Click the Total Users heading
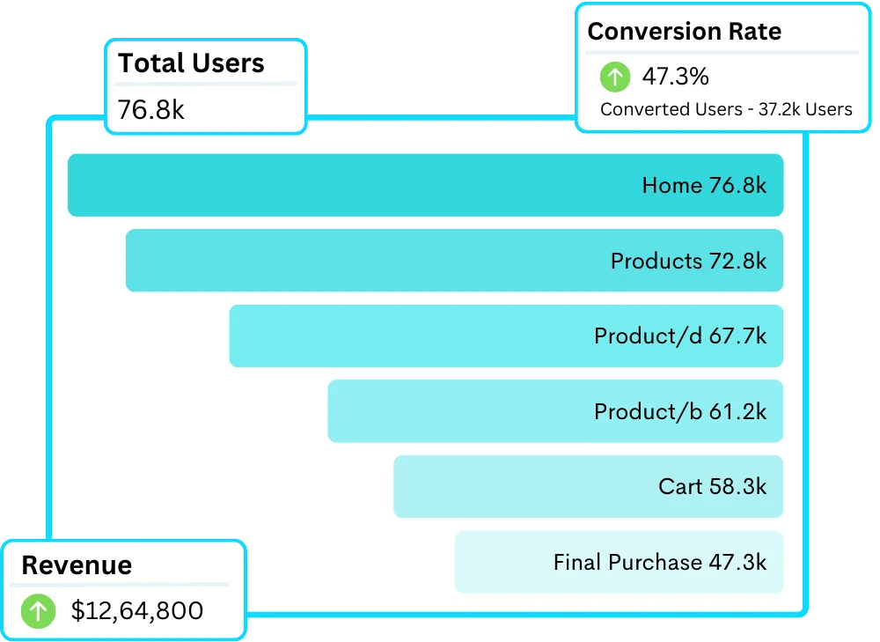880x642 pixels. (191, 63)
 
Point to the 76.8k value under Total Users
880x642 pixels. (150, 110)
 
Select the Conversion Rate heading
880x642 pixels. (684, 32)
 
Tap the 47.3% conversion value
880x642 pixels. (675, 77)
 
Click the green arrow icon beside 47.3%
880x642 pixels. (615, 77)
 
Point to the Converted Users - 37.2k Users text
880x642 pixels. (726, 109)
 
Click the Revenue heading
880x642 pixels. (77, 565)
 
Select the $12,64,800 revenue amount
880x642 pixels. (137, 610)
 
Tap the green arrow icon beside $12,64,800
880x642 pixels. (38, 611)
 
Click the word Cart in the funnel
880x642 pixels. (680, 487)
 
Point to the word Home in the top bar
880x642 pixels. (672, 186)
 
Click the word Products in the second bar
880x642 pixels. (656, 261)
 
